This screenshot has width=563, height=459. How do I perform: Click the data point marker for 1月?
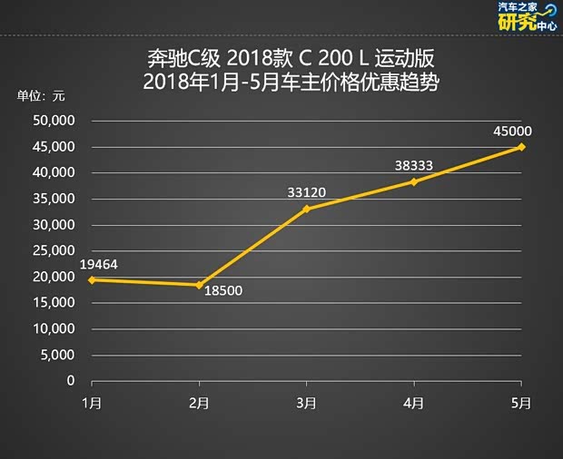tap(91, 279)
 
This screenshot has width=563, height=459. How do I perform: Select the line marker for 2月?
tap(199, 285)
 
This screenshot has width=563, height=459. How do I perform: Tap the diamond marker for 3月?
tap(306, 209)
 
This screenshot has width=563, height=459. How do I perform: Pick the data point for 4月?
tap(414, 181)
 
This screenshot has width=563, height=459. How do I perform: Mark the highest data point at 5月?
tap(521, 147)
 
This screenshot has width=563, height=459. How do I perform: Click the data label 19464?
tap(98, 264)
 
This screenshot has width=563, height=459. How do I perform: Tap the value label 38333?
tap(413, 166)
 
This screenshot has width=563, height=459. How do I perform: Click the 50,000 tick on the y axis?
tap(54, 121)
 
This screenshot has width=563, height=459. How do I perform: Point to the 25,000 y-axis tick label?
tap(54, 251)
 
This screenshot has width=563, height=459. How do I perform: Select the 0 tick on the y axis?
tap(69, 381)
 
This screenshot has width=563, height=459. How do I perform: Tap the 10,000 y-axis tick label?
tap(54, 329)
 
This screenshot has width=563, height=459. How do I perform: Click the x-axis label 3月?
tap(306, 402)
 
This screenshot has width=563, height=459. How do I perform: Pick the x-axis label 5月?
tap(521, 402)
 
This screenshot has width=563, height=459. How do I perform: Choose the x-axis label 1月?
tap(91, 402)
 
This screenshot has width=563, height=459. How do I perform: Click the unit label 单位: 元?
tap(41, 96)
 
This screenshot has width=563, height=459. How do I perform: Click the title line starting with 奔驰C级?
tap(291, 61)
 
